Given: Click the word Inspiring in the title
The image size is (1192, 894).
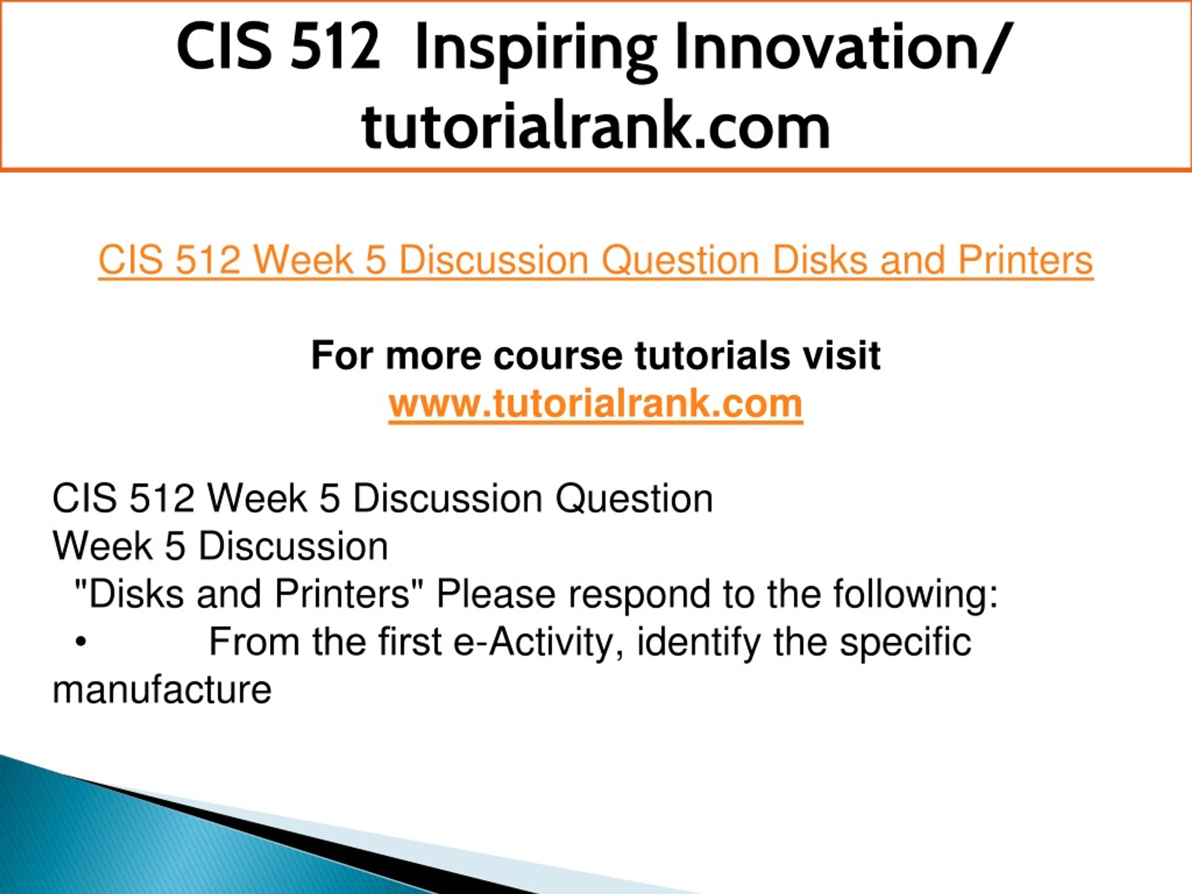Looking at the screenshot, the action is [x=536, y=49].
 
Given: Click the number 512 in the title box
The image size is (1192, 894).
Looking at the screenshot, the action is [x=335, y=47].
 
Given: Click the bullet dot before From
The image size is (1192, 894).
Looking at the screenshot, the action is [x=81, y=643].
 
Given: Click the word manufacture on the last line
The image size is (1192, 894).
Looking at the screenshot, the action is [x=162, y=690].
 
